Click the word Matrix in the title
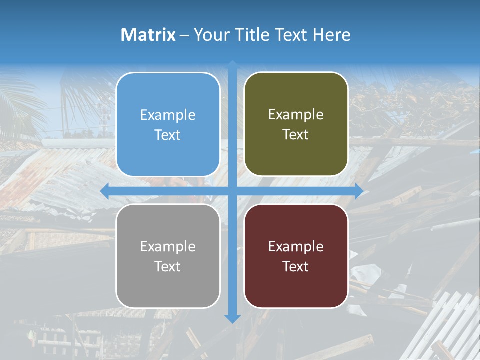tap(148, 35)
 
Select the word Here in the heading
tap(331, 35)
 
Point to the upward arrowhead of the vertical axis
tap(232, 65)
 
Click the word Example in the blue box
tap(168, 115)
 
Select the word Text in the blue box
tap(168, 135)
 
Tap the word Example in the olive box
tap(296, 115)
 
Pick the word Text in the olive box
tap(296, 135)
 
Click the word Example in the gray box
tap(168, 247)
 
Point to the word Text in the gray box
tap(168, 267)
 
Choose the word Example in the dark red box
tap(296, 247)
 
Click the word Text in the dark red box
tap(296, 267)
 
